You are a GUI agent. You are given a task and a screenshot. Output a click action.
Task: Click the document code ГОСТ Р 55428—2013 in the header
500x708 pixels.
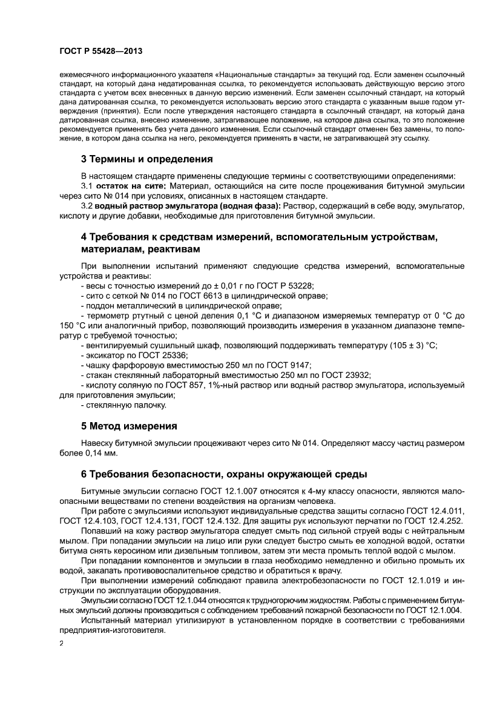tap(101, 52)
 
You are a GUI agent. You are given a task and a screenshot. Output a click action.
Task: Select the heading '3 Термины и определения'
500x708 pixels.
tap(147, 160)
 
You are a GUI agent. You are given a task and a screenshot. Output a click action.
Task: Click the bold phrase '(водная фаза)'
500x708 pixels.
tap(249, 206)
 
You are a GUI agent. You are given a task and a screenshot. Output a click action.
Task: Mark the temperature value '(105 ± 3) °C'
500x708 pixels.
tap(413, 345)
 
